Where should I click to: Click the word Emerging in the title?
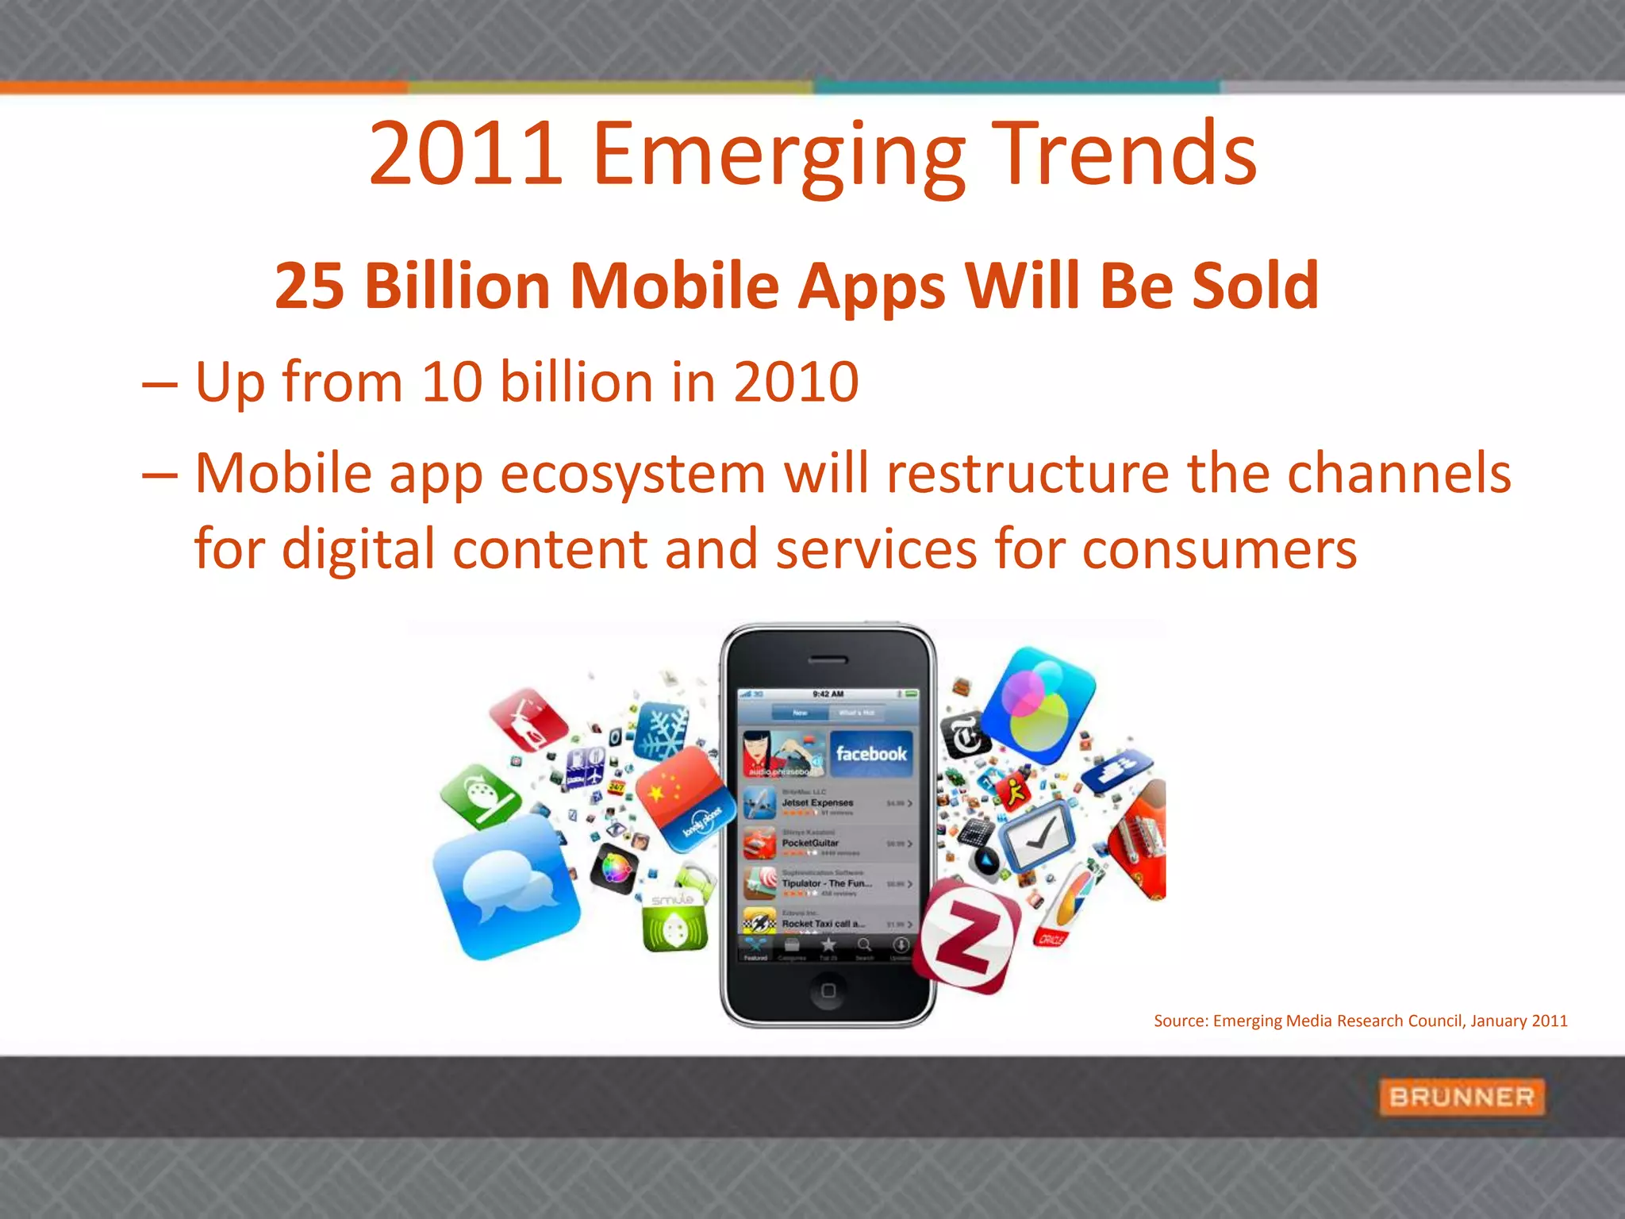tap(778, 155)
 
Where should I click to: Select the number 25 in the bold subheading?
tap(309, 286)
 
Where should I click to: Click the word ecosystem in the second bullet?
tap(633, 474)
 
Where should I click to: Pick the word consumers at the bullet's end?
tap(1220, 549)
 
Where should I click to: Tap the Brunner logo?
tap(1462, 1098)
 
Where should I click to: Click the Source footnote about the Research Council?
tap(1360, 1021)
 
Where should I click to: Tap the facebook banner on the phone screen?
tap(871, 754)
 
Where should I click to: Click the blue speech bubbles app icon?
tap(507, 886)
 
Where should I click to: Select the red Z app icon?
tap(966, 936)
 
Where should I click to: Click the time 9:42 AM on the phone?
tap(828, 694)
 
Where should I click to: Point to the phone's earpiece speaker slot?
tap(828, 660)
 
